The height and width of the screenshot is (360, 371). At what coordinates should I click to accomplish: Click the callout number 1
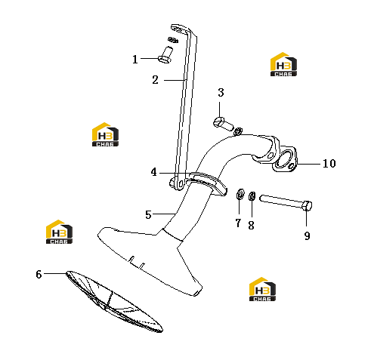pos(135,60)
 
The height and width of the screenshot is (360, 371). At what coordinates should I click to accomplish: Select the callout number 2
pos(155,80)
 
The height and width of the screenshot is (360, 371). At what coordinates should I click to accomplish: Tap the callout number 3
pos(221,93)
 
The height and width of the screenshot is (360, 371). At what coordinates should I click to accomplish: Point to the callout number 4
pos(153,172)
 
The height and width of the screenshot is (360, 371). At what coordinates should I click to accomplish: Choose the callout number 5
pos(148,215)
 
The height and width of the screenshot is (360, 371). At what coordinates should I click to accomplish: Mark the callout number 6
pos(39,275)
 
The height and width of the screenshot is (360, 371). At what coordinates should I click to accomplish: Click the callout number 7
pos(238,223)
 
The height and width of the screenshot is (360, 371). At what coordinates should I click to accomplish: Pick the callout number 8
pos(251,226)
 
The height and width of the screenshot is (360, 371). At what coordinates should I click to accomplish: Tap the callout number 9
pos(307,236)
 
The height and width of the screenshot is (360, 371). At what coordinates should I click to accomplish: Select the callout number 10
pos(329,164)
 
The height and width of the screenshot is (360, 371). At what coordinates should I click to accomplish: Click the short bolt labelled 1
pos(165,54)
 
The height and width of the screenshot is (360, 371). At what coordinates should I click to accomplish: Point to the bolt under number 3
pos(223,124)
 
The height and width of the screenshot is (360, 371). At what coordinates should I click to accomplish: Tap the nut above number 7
pos(240,194)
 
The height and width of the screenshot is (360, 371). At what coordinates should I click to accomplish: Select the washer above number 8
pos(252,196)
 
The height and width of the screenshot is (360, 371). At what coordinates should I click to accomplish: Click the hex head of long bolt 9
pos(307,206)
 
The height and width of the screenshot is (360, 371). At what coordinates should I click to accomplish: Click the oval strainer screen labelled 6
pos(114,301)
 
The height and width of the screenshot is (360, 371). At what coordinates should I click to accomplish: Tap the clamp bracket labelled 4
pos(206,183)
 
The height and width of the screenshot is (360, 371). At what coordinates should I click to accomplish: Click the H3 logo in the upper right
pos(283,64)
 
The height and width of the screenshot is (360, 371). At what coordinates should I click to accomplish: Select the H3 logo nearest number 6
pos(59,232)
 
